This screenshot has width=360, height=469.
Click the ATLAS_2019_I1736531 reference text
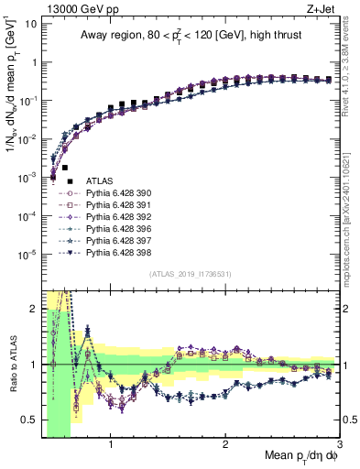click(191, 275)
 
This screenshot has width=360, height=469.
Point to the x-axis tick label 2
click(225, 445)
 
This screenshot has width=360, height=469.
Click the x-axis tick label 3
click(339, 445)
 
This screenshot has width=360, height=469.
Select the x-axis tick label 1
click(111, 445)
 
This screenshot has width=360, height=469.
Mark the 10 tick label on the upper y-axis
click(30, 23)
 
